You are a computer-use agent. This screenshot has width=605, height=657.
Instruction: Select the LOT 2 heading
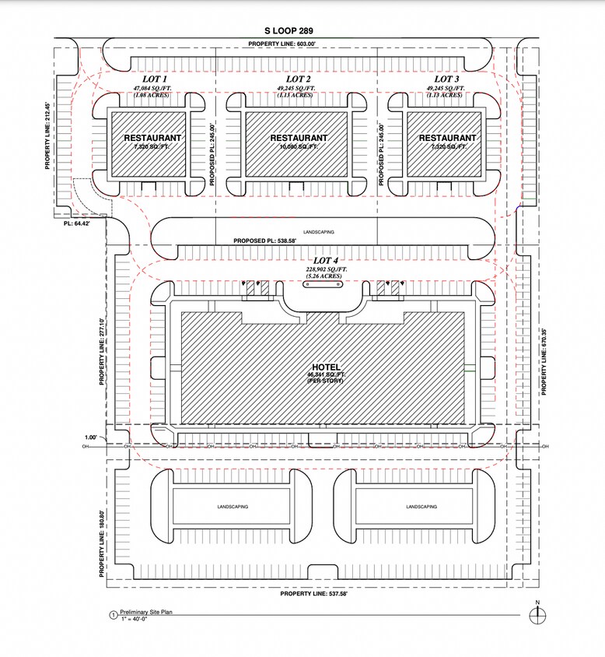(299, 79)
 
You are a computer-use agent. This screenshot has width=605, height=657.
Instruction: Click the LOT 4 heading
(327, 260)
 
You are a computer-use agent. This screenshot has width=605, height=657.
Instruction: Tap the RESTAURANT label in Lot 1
(153, 138)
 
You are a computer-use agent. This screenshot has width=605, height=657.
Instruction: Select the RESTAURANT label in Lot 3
(447, 138)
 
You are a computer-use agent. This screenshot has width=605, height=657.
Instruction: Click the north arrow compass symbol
(537, 614)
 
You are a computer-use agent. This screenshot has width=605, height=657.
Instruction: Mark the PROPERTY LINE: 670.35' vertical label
(544, 360)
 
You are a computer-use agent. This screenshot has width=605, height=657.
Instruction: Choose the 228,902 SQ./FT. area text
(327, 269)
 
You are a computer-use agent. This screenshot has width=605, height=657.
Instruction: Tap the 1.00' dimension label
(90, 437)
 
